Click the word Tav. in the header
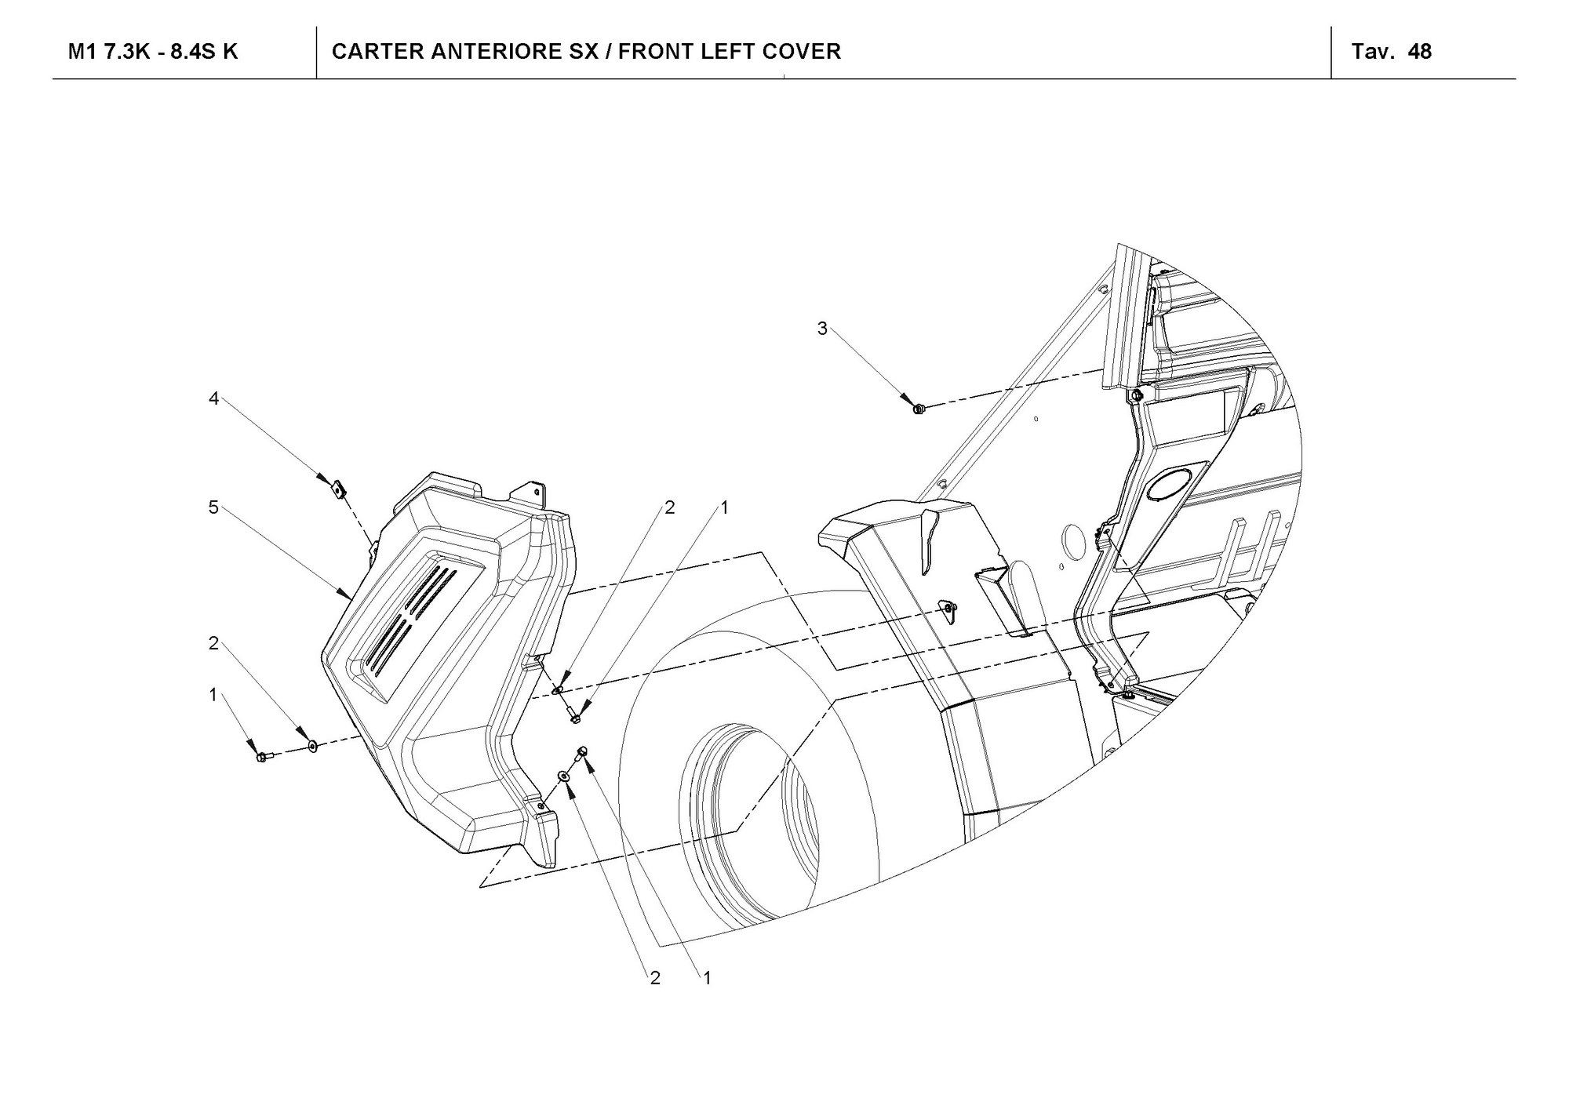(x=1372, y=52)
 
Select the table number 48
(x=1420, y=52)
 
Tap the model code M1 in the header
(x=82, y=52)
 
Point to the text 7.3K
(x=127, y=52)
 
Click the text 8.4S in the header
(x=191, y=52)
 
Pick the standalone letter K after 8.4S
(x=231, y=52)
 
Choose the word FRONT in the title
(x=657, y=52)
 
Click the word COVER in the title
(x=807, y=52)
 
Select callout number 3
(x=822, y=329)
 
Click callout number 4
(x=213, y=398)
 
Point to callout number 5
(x=213, y=507)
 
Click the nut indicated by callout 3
(x=919, y=408)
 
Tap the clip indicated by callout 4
(x=338, y=489)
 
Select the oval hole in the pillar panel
(x=1174, y=484)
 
